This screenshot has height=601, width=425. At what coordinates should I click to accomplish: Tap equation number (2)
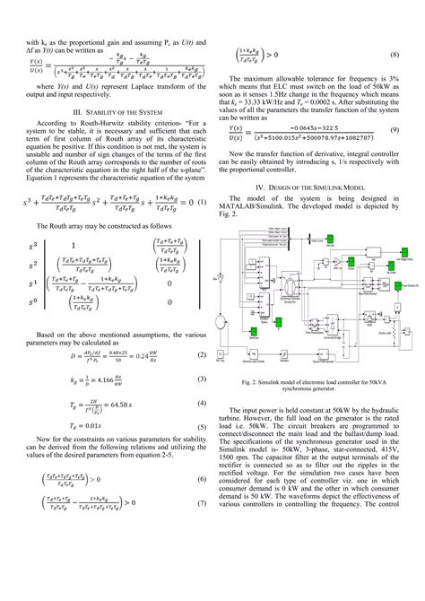[202, 355]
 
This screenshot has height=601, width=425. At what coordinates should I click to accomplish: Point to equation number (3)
[202, 379]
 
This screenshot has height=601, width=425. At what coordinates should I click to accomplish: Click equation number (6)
[202, 480]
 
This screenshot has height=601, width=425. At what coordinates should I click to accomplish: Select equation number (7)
[202, 504]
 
